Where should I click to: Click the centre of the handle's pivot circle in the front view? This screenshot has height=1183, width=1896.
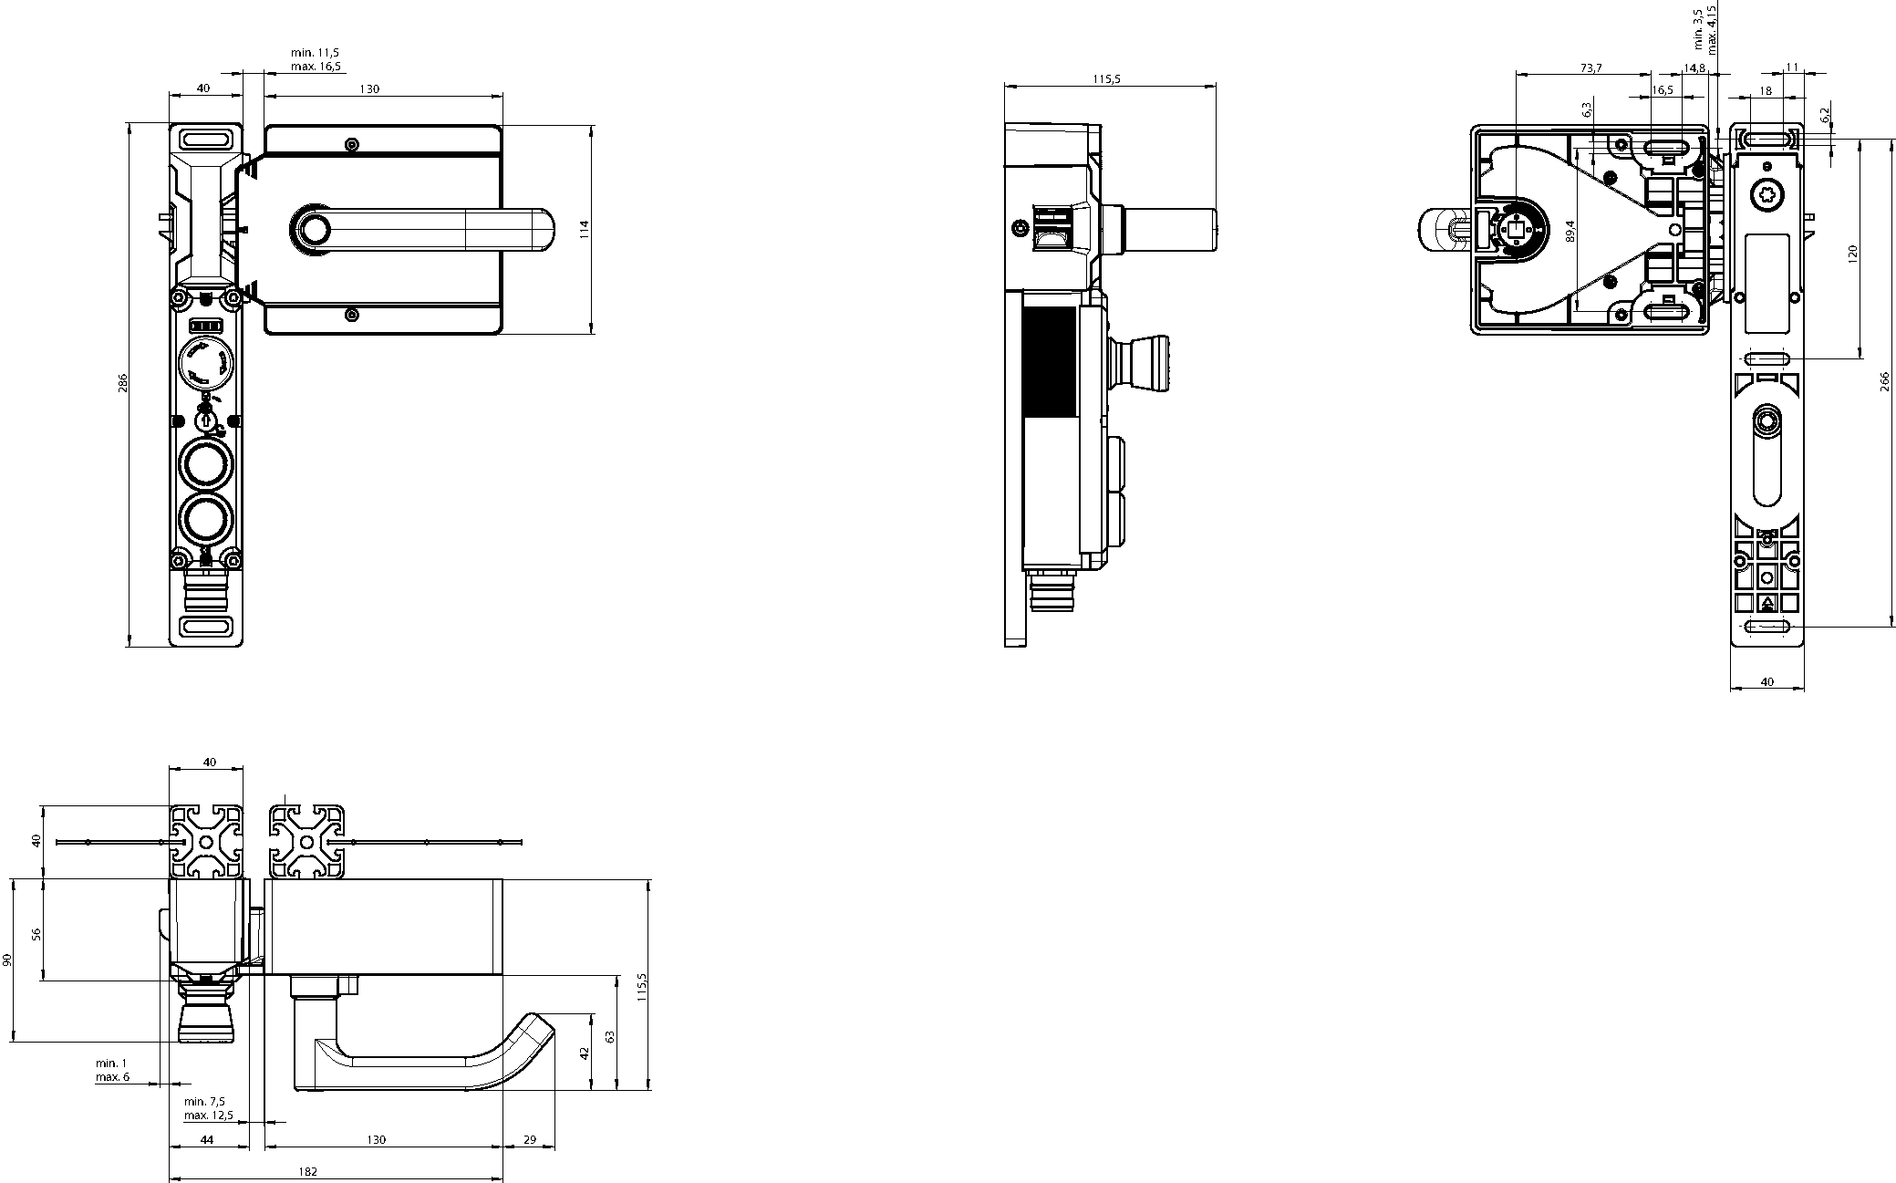pyautogui.click(x=316, y=229)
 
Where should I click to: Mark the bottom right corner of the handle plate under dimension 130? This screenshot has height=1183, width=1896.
pyautogui.click(x=502, y=335)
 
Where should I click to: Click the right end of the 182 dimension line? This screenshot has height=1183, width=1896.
pyautogui.click(x=502, y=1179)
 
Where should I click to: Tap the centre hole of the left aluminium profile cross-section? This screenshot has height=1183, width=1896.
pyautogui.click(x=208, y=843)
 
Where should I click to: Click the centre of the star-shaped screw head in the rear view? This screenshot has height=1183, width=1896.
pyautogui.click(x=1766, y=193)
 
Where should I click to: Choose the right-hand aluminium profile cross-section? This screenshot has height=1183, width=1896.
pyautogui.click(x=306, y=843)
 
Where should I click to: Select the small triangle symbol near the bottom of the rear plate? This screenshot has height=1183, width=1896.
pyautogui.click(x=1767, y=603)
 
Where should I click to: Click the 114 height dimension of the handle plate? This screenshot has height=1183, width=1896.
pyautogui.click(x=585, y=229)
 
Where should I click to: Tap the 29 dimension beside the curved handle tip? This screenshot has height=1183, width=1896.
pyautogui.click(x=529, y=1139)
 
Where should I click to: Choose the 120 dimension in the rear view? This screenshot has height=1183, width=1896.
pyautogui.click(x=1852, y=253)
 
